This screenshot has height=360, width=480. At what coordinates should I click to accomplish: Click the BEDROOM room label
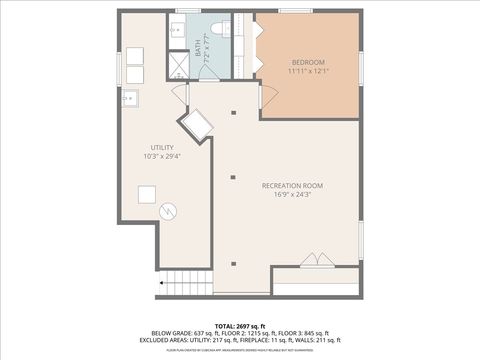click(x=307, y=61)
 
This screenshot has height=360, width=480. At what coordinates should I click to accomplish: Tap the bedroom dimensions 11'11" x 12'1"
click(x=307, y=71)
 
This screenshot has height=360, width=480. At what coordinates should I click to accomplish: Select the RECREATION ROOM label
click(x=293, y=186)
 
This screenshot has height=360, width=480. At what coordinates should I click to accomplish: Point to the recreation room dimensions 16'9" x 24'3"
click(x=293, y=196)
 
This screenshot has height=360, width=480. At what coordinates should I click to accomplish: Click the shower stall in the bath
click(x=176, y=65)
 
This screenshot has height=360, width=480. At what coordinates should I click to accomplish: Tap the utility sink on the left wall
click(x=130, y=98)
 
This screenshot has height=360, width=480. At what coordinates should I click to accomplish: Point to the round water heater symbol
click(x=169, y=212)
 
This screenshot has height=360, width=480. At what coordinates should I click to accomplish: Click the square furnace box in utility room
click(x=148, y=195)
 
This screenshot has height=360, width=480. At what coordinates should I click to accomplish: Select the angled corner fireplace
click(x=196, y=126)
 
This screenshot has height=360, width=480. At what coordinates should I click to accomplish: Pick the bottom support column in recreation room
click(x=233, y=264)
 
